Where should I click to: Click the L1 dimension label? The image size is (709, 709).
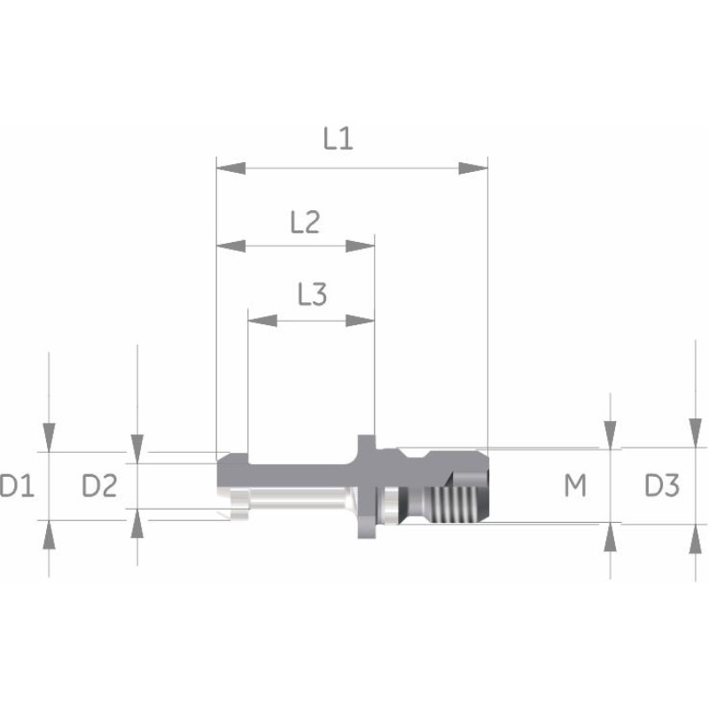click(338, 138)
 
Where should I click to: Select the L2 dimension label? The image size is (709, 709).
click(305, 222)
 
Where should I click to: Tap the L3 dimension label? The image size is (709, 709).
click(312, 294)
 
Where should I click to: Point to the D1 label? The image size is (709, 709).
click(17, 486)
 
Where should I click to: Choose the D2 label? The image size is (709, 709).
click(99, 486)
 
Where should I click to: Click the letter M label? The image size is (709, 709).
click(575, 485)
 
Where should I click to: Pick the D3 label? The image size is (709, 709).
click(662, 485)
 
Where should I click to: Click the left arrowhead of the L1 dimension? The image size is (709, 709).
click(231, 168)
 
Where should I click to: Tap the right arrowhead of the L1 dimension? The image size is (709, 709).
click(473, 168)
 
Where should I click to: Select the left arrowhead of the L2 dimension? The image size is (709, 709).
click(231, 246)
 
